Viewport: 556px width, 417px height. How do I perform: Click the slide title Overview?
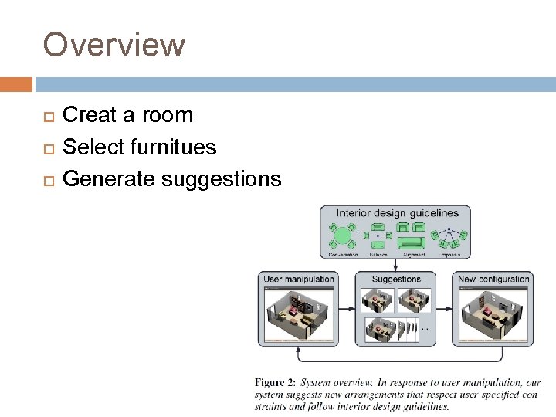114,45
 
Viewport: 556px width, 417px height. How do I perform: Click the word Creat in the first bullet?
85,115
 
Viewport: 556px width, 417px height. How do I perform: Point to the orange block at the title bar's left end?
16,84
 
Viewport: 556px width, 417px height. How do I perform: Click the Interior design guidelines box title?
397,213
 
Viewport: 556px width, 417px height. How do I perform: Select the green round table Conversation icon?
342,235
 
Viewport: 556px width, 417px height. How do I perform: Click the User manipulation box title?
299,279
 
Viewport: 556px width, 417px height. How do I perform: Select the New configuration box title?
493,279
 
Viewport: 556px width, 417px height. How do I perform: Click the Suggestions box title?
396,279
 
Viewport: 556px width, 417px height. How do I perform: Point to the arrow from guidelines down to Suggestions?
396,265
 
